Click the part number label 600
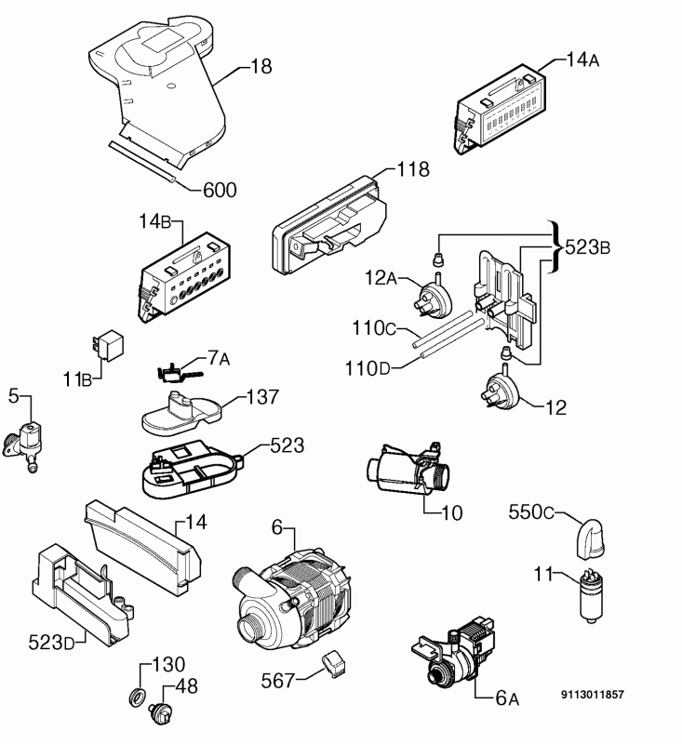click(x=219, y=191)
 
